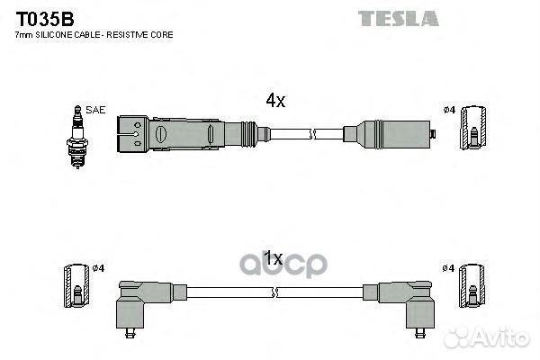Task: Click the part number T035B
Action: (45, 19)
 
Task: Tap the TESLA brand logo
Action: (399, 19)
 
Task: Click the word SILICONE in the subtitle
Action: (54, 35)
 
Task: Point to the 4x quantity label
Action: (275, 101)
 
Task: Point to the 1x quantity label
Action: (273, 258)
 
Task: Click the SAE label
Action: (95, 110)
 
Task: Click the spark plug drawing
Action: (77, 137)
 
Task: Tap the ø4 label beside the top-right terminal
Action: (449, 110)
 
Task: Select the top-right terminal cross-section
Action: (474, 128)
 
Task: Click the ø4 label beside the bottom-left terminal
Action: (98, 268)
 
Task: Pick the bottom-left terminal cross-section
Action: (76, 286)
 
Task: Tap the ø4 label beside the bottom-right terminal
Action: (448, 268)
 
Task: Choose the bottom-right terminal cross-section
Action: (472, 286)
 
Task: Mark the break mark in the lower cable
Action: (274, 292)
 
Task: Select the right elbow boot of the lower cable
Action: (406, 303)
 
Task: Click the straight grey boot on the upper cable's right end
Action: (387, 134)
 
